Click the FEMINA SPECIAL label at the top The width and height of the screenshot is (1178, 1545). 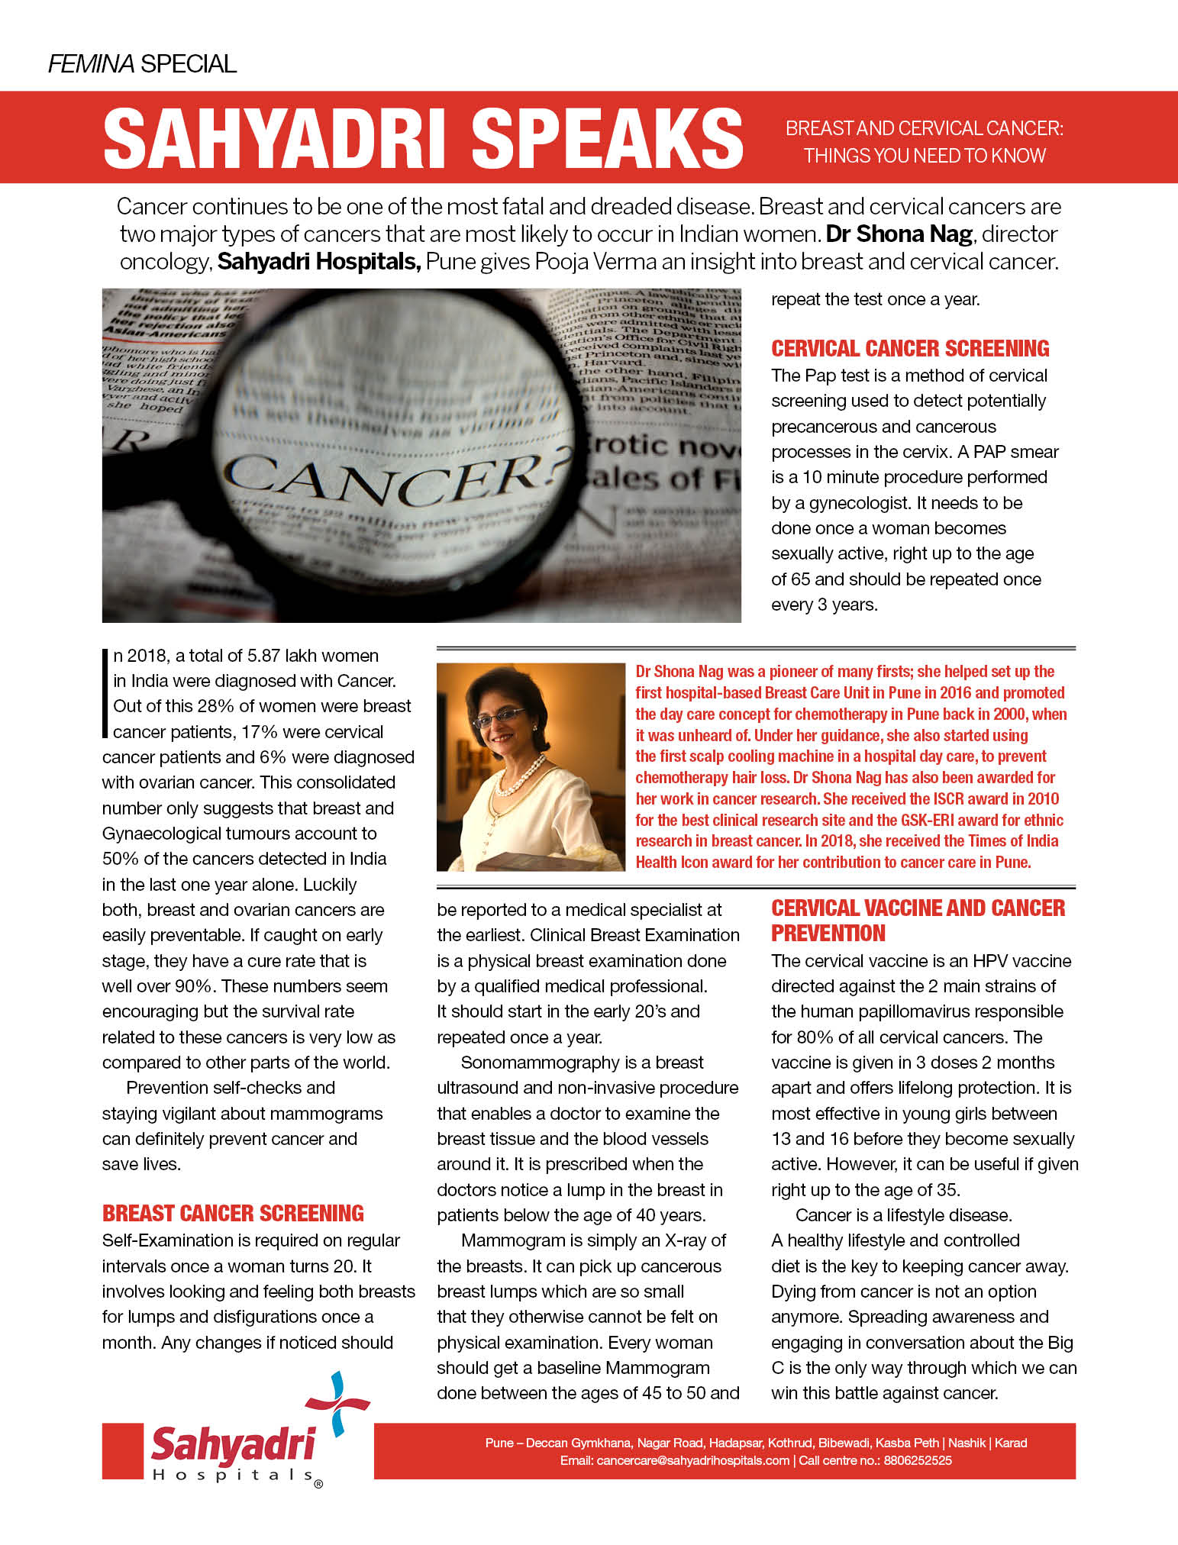tap(142, 63)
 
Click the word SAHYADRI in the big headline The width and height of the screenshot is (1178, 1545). tap(276, 138)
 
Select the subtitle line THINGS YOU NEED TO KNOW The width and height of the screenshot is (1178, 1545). tap(924, 156)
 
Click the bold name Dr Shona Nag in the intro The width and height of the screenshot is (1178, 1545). tap(899, 234)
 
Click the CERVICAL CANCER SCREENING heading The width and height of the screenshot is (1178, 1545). tap(909, 349)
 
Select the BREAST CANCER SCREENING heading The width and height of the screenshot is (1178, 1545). tap(233, 1213)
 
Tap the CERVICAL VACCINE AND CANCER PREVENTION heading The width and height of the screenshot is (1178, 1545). tap(917, 920)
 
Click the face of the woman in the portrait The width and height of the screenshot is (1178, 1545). tap(508, 722)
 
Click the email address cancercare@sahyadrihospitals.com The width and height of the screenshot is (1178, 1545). tap(692, 1460)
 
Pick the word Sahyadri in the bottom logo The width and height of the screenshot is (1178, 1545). tap(232, 1443)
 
